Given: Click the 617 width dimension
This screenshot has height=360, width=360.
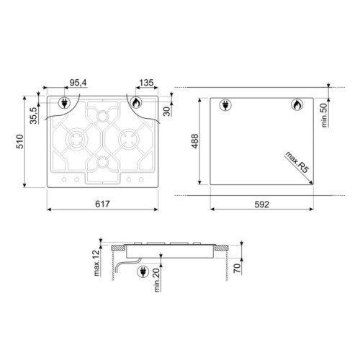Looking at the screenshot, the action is [102, 204].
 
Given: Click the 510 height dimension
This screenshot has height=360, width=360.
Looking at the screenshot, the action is [20, 142].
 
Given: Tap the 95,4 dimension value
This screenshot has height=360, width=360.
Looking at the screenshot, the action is [78, 83].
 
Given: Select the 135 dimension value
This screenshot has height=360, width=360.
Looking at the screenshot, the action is [146, 83].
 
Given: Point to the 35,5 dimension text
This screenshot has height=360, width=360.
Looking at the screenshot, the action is [34, 116].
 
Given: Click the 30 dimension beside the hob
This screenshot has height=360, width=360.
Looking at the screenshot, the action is [166, 112].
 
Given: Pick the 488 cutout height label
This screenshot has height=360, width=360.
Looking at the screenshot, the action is [195, 141].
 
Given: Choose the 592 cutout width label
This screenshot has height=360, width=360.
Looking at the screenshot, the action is [261, 204].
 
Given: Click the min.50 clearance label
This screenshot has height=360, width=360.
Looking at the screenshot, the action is [324, 115].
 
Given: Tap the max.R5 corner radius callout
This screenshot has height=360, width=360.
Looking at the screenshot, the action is [297, 162].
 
